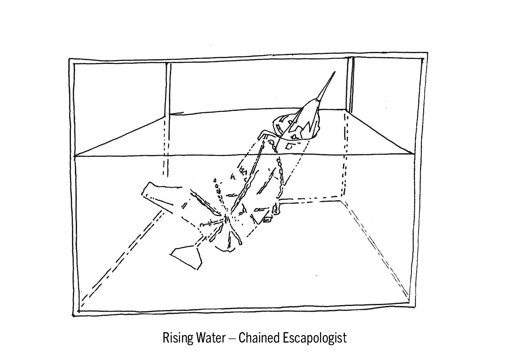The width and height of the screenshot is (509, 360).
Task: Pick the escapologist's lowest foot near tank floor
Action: pos(187,257)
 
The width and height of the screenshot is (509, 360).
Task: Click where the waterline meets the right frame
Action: pos(414,154)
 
